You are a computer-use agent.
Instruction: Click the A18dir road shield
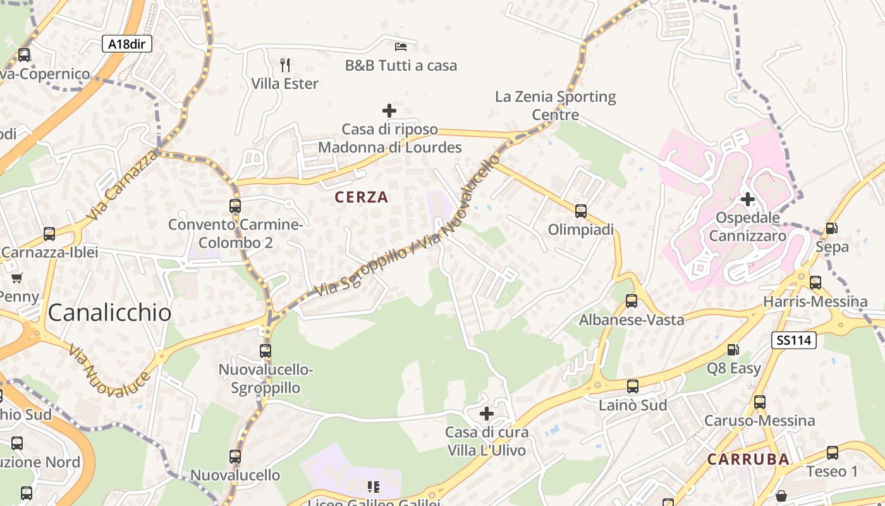(x=126, y=44)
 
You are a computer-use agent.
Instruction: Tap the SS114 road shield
(x=793, y=340)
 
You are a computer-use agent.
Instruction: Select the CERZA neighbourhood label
(x=362, y=197)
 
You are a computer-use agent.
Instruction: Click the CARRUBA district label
(x=748, y=460)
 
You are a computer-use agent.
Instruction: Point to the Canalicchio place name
(x=109, y=312)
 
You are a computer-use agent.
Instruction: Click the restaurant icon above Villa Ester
(x=285, y=65)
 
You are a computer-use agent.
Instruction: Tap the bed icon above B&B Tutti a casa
(x=401, y=46)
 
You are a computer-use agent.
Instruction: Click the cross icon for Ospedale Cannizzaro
(x=748, y=200)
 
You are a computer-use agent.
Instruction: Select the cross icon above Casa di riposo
(x=389, y=111)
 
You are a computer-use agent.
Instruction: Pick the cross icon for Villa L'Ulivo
(x=487, y=414)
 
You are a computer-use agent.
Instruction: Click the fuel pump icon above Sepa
(x=832, y=228)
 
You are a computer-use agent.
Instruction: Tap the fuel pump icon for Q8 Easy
(x=733, y=349)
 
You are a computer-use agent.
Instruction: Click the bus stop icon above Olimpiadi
(x=581, y=211)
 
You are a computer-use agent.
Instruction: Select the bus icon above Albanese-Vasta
(x=632, y=301)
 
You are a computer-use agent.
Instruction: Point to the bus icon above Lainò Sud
(x=633, y=386)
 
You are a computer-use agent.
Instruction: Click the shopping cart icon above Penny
(x=17, y=278)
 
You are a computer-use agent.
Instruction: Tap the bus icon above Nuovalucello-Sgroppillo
(x=265, y=350)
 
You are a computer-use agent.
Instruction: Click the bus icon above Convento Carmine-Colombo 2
(x=235, y=206)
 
